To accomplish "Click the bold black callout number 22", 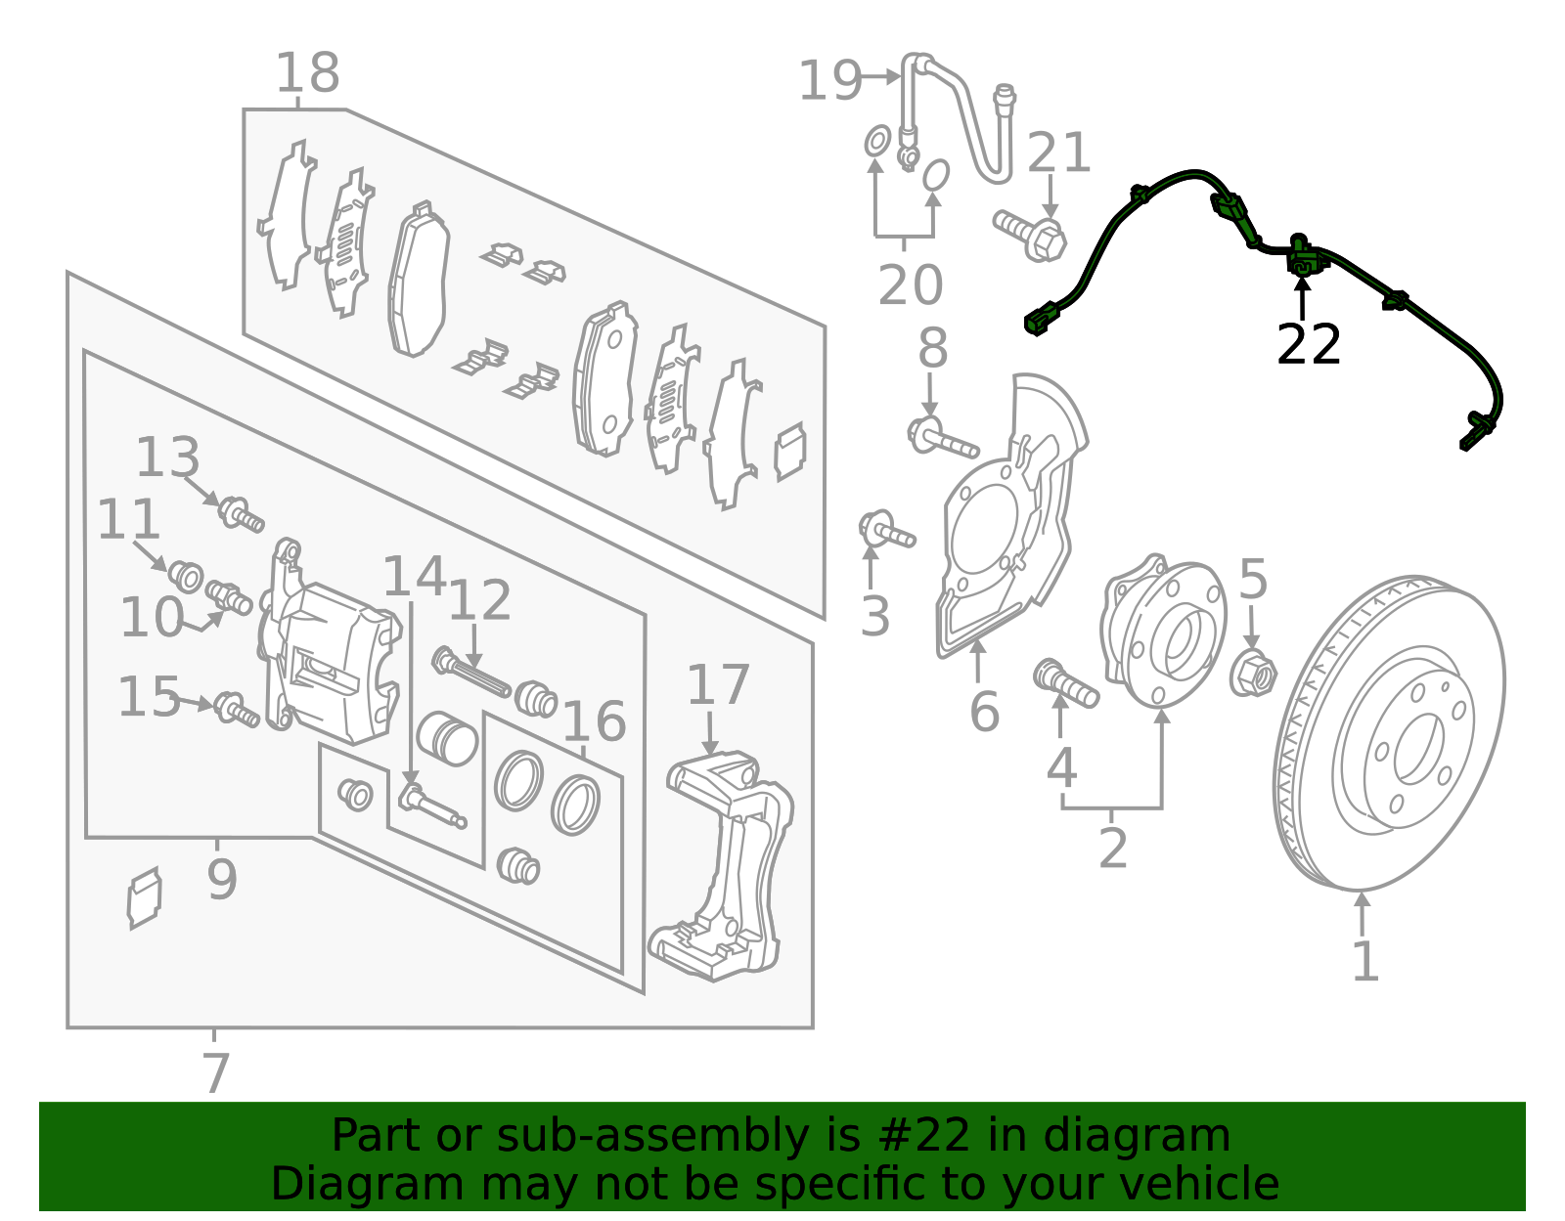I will click(x=1308, y=344).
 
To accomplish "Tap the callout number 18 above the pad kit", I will click(x=307, y=73).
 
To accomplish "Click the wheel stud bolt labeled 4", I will click(x=1064, y=682).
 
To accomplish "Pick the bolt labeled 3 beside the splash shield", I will click(x=885, y=531).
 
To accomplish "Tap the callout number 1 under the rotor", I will click(x=1364, y=962).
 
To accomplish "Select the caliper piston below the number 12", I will click(x=447, y=738).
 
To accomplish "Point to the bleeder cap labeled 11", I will click(x=185, y=575).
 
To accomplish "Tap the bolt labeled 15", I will click(x=236, y=710).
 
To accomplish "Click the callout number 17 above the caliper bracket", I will click(x=718, y=685).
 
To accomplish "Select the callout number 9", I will click(x=222, y=879).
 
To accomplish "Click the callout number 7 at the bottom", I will click(x=215, y=1072).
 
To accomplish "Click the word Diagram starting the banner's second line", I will click(x=330, y=1184).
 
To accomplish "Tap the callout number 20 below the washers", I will click(x=910, y=285).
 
